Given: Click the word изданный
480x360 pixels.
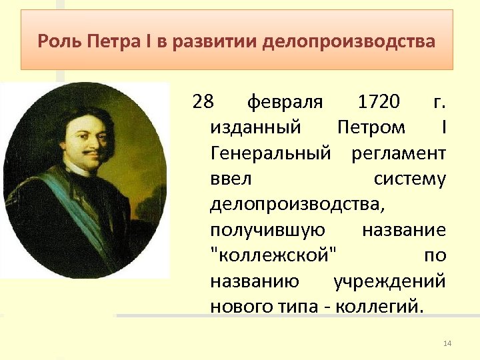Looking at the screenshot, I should click(x=255, y=127).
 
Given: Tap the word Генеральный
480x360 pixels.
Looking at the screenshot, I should click(x=270, y=153).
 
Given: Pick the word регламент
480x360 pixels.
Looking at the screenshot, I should click(x=398, y=153).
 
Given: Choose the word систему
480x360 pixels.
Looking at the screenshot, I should click(x=409, y=179).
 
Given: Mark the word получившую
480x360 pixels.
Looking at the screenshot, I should click(x=267, y=230).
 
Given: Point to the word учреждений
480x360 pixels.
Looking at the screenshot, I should click(x=389, y=281).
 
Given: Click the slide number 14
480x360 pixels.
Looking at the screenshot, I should click(x=447, y=343).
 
